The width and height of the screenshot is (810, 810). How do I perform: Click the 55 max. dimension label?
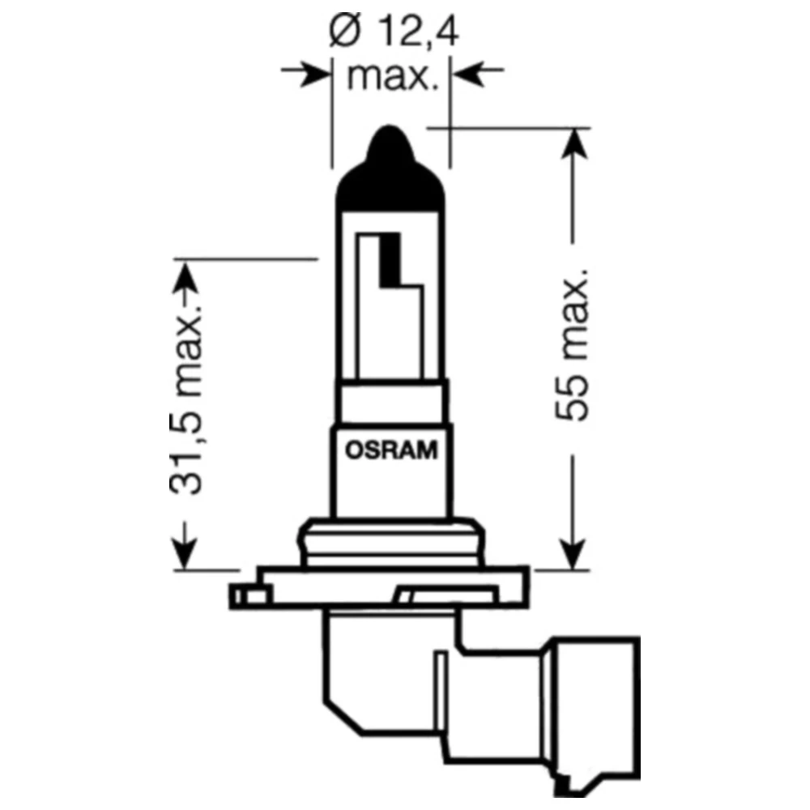point(573,349)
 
